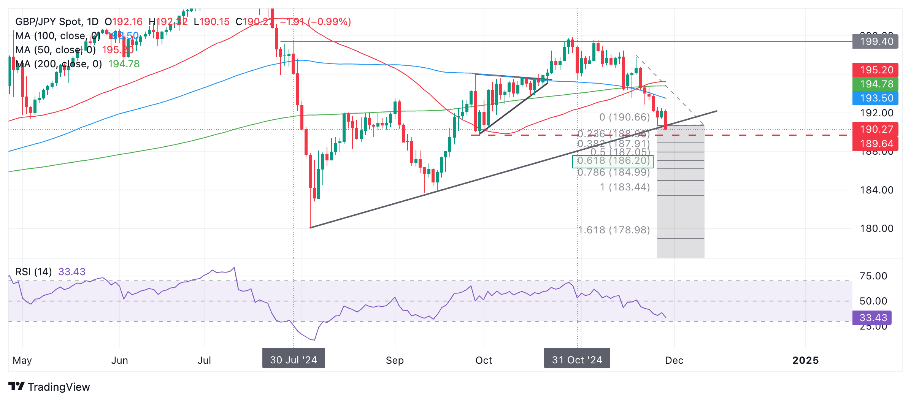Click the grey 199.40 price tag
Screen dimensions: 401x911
pos(875,41)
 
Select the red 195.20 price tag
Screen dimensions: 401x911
pos(875,70)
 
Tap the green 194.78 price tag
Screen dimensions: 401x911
pos(875,84)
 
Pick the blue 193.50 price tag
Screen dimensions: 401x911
pos(875,98)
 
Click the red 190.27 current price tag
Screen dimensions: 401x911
pos(875,129)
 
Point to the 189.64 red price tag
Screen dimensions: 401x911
pos(875,144)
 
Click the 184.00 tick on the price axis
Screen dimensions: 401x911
pos(876,190)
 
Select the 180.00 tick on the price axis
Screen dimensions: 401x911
pos(876,228)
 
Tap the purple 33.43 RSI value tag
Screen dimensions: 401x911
pos(872,318)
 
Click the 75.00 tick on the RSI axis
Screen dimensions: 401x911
pos(873,276)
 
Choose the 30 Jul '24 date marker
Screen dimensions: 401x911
pos(294,360)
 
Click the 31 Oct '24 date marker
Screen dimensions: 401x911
pos(577,360)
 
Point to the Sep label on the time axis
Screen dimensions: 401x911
pos(395,360)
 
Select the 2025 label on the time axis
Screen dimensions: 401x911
pos(805,360)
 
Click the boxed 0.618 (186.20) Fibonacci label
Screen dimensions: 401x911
pos(613,161)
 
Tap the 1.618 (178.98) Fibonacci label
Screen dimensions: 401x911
pos(614,230)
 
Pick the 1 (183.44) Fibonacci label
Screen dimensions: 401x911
pos(625,187)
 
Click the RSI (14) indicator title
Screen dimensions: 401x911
pos(33,272)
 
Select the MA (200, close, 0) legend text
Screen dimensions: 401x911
pos(59,64)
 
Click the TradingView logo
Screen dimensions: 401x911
pos(49,387)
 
